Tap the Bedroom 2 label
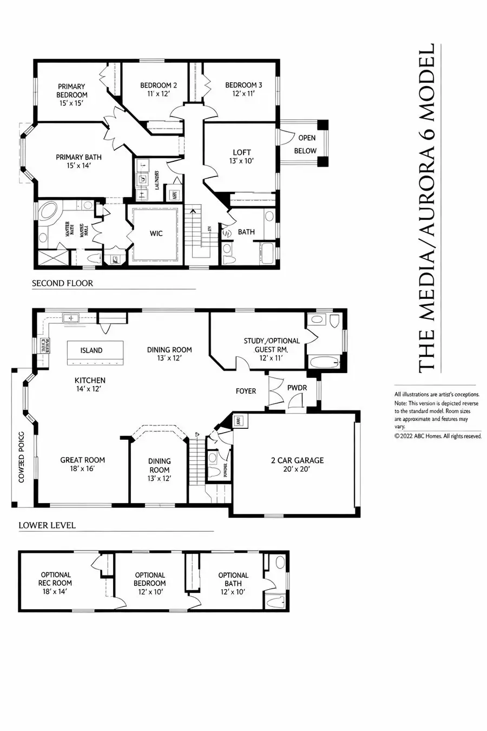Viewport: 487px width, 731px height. (159, 86)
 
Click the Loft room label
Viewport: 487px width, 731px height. (242, 153)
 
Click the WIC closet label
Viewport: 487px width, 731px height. (156, 233)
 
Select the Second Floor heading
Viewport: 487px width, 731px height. (62, 283)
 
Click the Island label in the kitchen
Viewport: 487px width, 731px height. (91, 350)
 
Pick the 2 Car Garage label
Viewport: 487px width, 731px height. (297, 460)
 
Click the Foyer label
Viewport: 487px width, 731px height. (246, 391)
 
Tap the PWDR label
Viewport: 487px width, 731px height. (297, 388)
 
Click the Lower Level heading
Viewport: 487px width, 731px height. (47, 525)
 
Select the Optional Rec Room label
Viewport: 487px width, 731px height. (56, 579)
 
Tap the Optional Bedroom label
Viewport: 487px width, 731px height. (150, 579)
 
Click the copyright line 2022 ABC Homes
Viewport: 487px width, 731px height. (437, 436)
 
